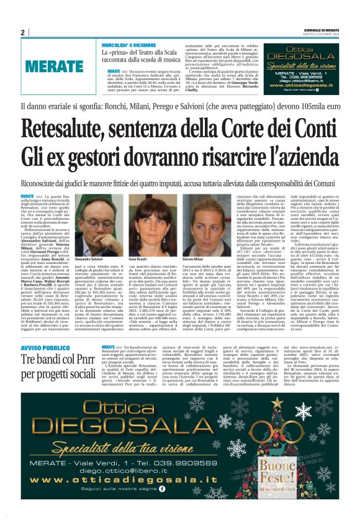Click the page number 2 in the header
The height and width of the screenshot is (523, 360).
click(23, 32)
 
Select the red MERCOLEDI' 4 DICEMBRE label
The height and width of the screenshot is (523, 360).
click(129, 45)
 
